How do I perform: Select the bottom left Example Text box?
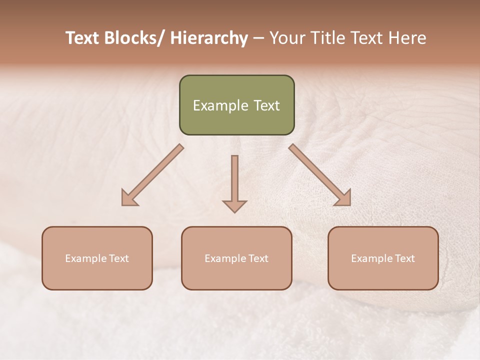point(97,258)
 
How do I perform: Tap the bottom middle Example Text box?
point(236,258)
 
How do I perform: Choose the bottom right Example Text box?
point(383,258)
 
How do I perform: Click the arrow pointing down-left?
point(152,175)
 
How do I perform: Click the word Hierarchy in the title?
point(209,38)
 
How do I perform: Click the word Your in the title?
point(286,38)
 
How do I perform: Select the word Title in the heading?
point(326,38)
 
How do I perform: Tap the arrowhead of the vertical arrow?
point(234,205)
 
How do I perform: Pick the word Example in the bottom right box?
point(370,258)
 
